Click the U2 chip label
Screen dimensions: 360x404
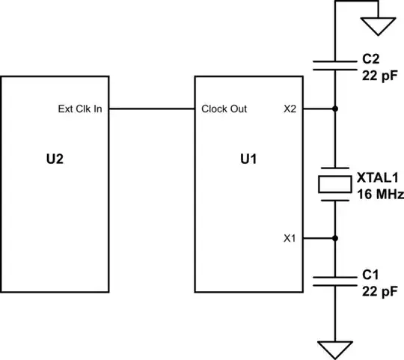[x=56, y=160]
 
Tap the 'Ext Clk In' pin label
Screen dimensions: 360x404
[x=80, y=109]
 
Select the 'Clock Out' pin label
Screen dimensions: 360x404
[x=224, y=109]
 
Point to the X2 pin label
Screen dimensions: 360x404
[x=290, y=109]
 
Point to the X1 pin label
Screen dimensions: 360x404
[x=290, y=239]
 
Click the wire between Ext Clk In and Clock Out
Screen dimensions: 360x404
[x=153, y=109]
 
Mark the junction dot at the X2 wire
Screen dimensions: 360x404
[x=334, y=109]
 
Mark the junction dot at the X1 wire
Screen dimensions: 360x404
[x=334, y=239]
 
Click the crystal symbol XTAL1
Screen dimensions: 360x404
[x=334, y=183]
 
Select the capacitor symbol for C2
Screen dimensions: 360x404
[x=334, y=64]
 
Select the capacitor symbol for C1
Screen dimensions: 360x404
[x=334, y=281]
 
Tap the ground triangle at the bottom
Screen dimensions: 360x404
[x=334, y=350]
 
